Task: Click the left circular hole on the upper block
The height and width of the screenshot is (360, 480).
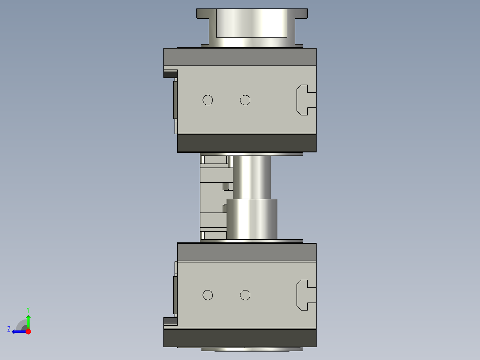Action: (207, 100)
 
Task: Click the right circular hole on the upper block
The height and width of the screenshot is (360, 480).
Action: (245, 100)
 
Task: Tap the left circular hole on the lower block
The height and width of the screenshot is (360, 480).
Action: (207, 295)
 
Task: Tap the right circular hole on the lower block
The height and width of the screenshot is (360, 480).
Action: (245, 295)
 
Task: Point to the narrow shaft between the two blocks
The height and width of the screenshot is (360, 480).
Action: (252, 176)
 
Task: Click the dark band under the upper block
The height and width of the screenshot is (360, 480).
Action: (247, 143)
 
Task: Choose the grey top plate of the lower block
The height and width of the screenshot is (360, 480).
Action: (247, 252)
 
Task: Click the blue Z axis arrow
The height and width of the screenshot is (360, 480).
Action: (18, 331)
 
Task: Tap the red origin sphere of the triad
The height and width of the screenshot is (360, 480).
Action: (28, 331)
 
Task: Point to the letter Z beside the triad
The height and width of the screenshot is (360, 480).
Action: (9, 329)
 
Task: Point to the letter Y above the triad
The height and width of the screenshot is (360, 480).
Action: (28, 309)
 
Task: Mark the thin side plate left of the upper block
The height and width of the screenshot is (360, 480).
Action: (175, 100)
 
